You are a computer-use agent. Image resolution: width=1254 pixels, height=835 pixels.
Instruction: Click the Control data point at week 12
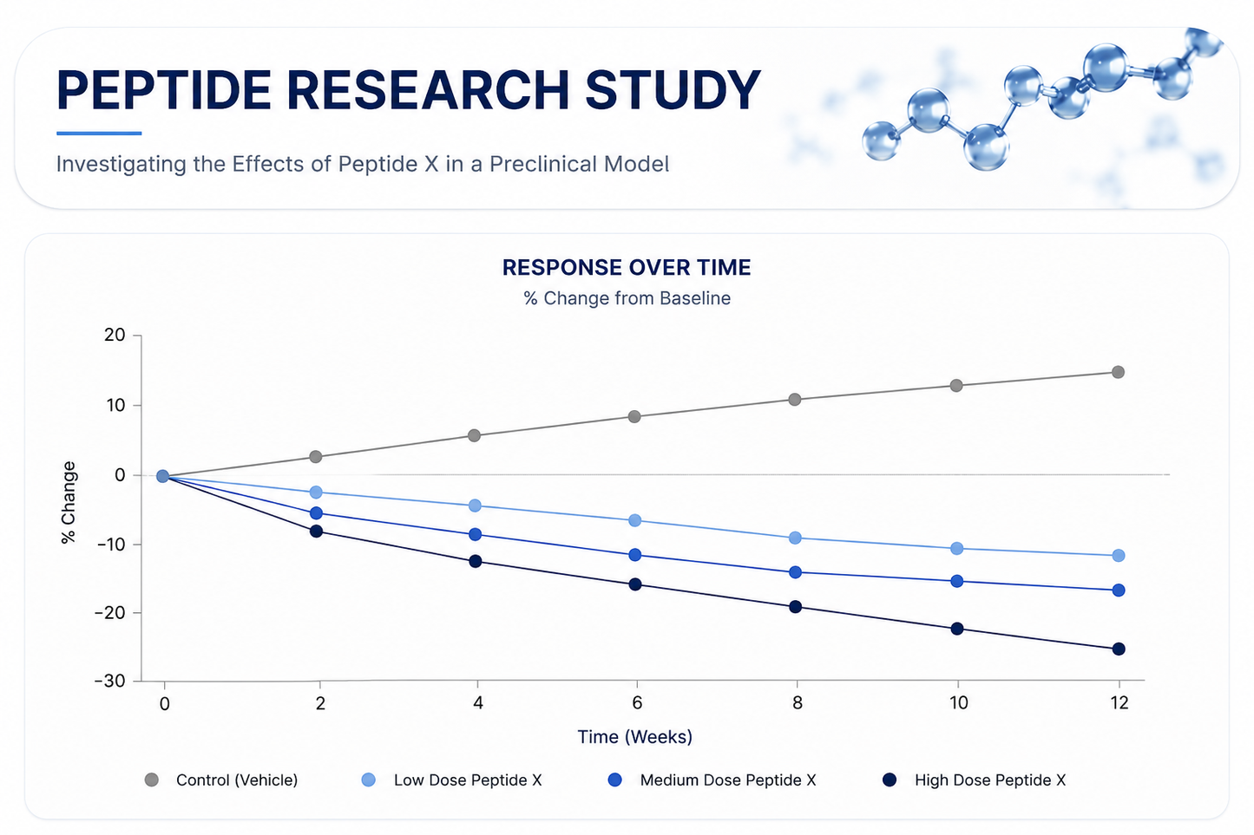pyautogui.click(x=1118, y=372)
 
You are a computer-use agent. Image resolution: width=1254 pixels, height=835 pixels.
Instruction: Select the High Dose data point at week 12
pyautogui.click(x=1119, y=649)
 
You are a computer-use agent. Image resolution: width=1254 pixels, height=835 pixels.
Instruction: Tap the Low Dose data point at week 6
pyautogui.click(x=635, y=520)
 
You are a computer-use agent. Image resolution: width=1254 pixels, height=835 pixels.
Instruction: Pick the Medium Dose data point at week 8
pyautogui.click(x=795, y=572)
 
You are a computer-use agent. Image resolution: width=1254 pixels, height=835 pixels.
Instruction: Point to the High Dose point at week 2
pyautogui.click(x=316, y=531)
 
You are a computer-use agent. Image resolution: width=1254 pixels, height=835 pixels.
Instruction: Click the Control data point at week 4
pyautogui.click(x=474, y=435)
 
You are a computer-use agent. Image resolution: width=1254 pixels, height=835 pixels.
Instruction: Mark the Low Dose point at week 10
pyautogui.click(x=956, y=548)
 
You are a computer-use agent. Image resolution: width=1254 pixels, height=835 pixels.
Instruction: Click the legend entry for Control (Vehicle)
pyautogui.click(x=221, y=780)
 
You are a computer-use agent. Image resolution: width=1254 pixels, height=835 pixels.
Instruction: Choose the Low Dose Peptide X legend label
pyautogui.click(x=468, y=780)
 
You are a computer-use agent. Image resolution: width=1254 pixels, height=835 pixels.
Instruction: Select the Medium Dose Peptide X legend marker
pyautogui.click(x=614, y=780)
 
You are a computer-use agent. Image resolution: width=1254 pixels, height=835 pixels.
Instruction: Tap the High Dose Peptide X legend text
pyautogui.click(x=990, y=780)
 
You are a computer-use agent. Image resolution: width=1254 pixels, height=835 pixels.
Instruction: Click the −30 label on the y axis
pyautogui.click(x=110, y=681)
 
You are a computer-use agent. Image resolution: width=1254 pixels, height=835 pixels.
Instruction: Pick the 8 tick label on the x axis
pyautogui.click(x=798, y=702)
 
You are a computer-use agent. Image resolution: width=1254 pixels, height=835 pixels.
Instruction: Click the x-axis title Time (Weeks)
pyautogui.click(x=635, y=736)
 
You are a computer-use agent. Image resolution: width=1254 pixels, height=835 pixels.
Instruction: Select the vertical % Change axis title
pyautogui.click(x=69, y=502)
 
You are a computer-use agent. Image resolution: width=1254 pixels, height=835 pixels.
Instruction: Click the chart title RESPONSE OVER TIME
pyautogui.click(x=627, y=267)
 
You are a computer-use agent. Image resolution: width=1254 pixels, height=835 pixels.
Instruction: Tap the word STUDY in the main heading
pyautogui.click(x=673, y=89)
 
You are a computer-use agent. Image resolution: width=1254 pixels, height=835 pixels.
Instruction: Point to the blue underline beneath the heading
pyautogui.click(x=99, y=134)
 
